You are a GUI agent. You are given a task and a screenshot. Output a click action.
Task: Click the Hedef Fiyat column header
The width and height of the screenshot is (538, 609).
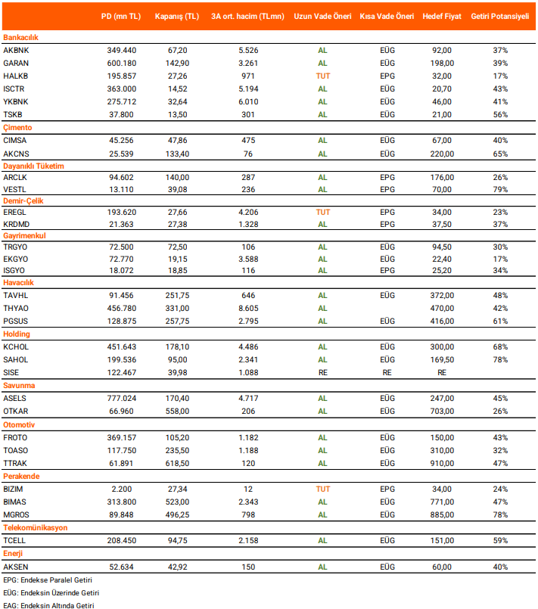(x=442, y=16)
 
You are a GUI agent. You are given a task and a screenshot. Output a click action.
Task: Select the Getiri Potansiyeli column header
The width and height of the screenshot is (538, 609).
(x=499, y=16)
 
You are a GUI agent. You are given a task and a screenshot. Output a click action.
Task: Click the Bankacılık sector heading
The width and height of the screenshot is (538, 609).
(x=20, y=37)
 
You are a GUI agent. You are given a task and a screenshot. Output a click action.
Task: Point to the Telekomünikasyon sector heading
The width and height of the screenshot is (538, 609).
(x=36, y=527)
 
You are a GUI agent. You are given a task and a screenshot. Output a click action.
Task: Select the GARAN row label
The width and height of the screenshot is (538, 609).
(x=16, y=63)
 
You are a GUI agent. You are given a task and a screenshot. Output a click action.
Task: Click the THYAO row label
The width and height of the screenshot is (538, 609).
(x=16, y=309)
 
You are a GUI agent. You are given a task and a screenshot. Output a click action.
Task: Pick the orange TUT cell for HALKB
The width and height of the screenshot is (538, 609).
(x=323, y=76)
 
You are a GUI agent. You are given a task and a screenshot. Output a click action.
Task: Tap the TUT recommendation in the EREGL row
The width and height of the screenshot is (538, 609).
(x=323, y=213)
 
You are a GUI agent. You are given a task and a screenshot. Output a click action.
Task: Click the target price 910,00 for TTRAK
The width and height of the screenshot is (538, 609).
(x=442, y=463)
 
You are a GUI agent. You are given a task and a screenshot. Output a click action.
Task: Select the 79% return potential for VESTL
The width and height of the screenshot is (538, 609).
(x=499, y=189)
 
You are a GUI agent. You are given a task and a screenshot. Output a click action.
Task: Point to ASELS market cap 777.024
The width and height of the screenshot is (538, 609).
(x=122, y=399)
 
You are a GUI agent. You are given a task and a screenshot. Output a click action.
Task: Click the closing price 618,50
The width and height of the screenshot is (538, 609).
(x=179, y=463)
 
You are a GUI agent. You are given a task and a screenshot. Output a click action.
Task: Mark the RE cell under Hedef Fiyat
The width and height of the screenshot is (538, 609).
(x=442, y=373)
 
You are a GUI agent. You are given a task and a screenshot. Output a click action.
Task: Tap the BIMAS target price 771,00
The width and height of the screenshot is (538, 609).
(x=442, y=502)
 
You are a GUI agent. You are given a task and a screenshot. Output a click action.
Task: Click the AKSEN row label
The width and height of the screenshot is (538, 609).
(x=16, y=566)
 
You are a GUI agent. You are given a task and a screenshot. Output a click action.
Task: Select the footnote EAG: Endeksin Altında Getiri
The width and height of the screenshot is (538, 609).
(x=48, y=604)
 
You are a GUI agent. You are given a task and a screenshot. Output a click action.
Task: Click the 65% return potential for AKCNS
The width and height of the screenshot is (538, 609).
(x=499, y=154)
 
